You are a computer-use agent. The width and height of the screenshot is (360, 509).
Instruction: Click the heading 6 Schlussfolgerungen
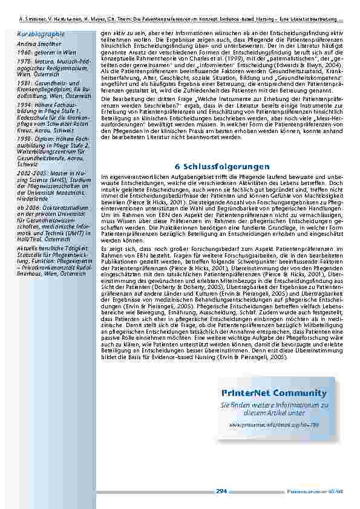222,166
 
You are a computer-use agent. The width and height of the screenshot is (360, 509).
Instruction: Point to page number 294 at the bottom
221,491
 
